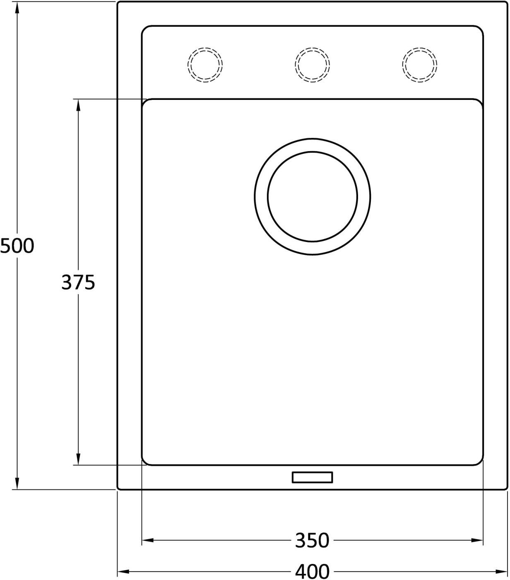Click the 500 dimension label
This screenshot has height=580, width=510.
tap(17, 245)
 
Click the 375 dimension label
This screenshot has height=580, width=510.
tap(78, 282)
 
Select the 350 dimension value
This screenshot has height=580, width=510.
tap(312, 540)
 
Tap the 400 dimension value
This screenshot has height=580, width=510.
tap(312, 571)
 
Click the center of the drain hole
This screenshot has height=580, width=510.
tap(313, 197)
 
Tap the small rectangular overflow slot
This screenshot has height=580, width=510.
tap(313, 478)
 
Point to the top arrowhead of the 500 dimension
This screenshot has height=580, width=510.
tap(17, 7)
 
